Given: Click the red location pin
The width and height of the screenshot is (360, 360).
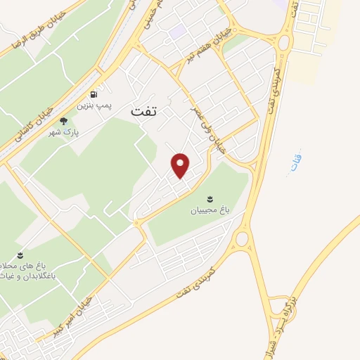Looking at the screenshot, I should pos(181,165).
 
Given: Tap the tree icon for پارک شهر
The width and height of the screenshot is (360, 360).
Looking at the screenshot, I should pos(64,120).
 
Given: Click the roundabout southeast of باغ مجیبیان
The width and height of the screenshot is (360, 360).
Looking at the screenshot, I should pos(241,239).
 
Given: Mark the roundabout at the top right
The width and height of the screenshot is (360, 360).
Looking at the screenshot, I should pos(284,43).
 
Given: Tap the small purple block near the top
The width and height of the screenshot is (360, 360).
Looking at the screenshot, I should pos(176,31).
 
